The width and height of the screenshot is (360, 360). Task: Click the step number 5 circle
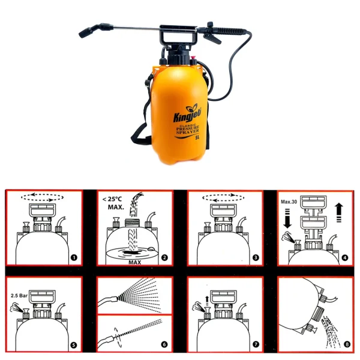click(74, 345)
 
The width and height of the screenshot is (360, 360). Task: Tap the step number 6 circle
click(163, 345)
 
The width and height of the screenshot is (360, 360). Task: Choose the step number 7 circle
click(256, 345)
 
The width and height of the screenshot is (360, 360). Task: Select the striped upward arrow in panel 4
click(339, 212)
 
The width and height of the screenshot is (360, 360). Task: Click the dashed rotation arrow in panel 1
click(42, 196)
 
